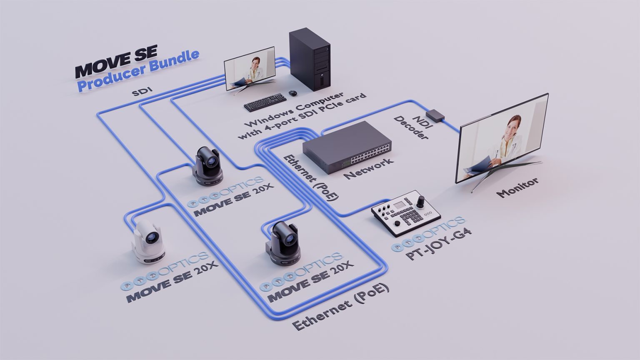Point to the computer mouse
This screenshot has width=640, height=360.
pyautogui.click(x=293, y=92)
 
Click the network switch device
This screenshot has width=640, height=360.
pyautogui.click(x=347, y=147)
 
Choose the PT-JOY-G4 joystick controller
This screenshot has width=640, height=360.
pyautogui.click(x=406, y=212)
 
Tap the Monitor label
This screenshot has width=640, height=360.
pyautogui.click(x=517, y=187)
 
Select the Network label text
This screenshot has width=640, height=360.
pyautogui.click(x=368, y=169)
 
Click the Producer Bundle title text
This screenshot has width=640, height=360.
pyautogui.click(x=138, y=70)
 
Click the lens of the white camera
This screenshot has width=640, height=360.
pyautogui.click(x=152, y=238)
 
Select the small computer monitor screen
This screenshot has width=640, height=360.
pyautogui.click(x=250, y=68)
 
